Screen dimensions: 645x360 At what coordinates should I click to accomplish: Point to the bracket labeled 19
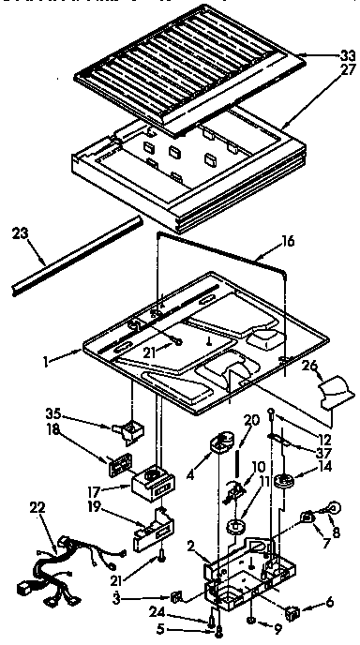coord(151,534)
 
